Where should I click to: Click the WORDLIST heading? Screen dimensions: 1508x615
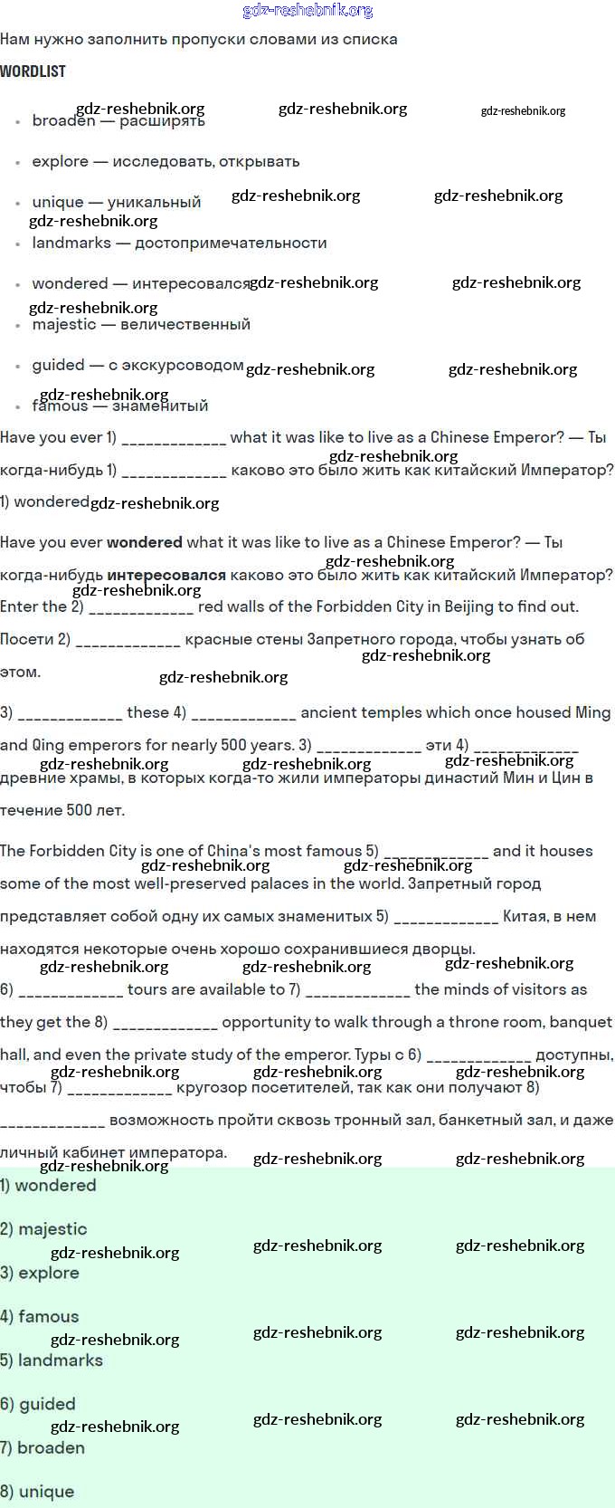[x=33, y=72]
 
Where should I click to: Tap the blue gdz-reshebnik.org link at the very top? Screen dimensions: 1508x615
[x=307, y=11]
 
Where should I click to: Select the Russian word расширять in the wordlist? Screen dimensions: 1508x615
[x=163, y=121]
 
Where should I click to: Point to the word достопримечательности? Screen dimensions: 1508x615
[x=231, y=243]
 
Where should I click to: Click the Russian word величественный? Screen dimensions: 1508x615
[x=185, y=324]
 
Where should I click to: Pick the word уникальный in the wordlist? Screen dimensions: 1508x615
[x=154, y=202]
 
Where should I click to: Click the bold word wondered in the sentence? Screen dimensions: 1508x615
[x=145, y=542]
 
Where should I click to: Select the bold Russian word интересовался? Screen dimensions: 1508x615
[x=166, y=575]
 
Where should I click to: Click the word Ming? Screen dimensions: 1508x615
[x=593, y=712]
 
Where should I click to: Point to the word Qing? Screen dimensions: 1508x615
[x=48, y=745]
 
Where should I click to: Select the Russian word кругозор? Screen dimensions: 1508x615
[x=205, y=1087]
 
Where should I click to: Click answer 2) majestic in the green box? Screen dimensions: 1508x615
[x=44, y=1229]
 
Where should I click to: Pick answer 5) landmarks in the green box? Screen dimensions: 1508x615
[x=52, y=1360]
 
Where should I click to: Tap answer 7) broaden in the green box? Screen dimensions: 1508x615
[x=43, y=1448]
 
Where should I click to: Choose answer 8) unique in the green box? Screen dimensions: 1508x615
[x=37, y=1492]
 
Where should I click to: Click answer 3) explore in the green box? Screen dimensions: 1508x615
[x=40, y=1273]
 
